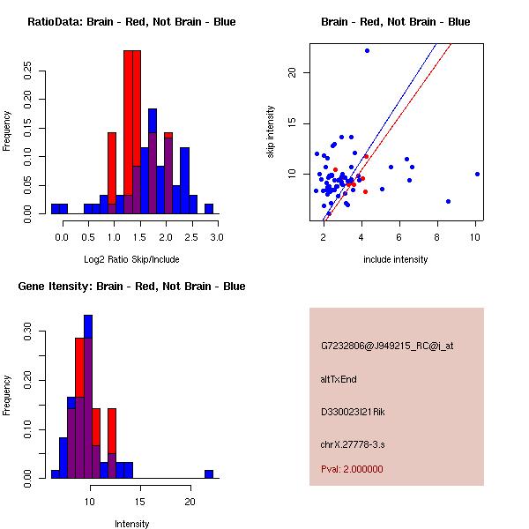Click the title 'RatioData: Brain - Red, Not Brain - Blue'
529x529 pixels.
(x=131, y=22)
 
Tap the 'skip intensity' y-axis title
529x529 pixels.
(x=272, y=132)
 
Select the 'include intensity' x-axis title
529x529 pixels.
(x=395, y=259)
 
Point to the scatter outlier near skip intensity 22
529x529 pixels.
(x=367, y=50)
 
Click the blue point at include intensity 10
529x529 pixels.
(x=477, y=174)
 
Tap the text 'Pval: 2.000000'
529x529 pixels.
(x=352, y=469)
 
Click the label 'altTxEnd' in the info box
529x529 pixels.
(x=339, y=379)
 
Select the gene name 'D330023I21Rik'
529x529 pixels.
(x=353, y=412)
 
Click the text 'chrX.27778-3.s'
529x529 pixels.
(x=353, y=443)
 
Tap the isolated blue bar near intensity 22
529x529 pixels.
(x=209, y=473)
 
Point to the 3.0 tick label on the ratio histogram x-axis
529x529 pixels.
(x=217, y=237)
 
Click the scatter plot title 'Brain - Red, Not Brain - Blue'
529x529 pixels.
(x=395, y=22)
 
